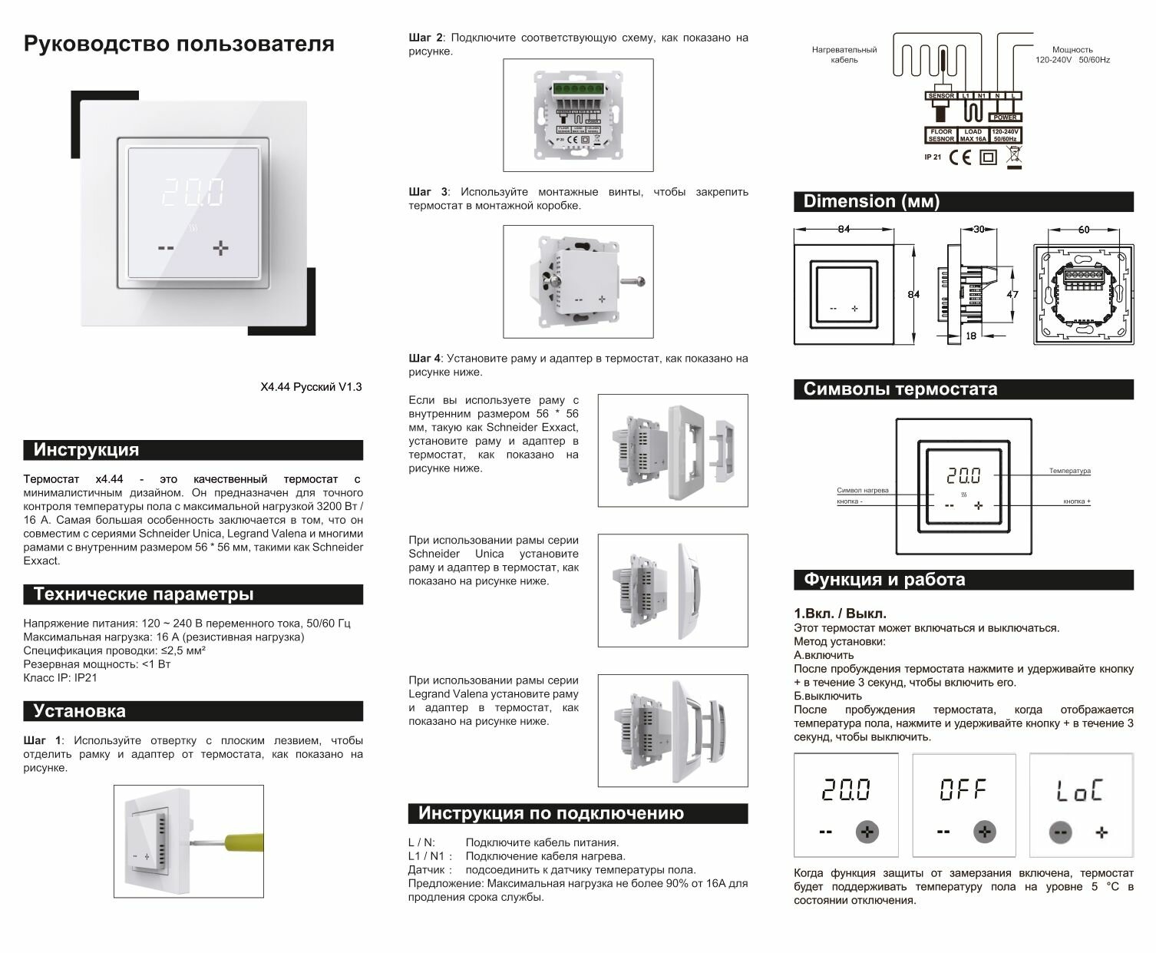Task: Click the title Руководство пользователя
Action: (179, 44)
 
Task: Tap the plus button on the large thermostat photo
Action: (221, 248)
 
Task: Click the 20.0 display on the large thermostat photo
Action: (194, 193)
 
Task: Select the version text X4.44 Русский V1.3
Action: (311, 387)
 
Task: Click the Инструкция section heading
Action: (86, 450)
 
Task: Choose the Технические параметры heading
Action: (143, 594)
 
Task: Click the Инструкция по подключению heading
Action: (550, 813)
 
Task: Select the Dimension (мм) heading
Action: (871, 202)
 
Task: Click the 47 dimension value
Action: (1012, 294)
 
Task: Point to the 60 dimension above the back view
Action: (1083, 230)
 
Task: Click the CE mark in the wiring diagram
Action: (959, 157)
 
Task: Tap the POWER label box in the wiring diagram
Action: (1005, 117)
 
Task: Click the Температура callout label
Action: (1070, 471)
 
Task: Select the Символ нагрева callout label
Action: (863, 490)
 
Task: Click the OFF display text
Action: (963, 789)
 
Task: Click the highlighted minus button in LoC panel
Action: (1060, 832)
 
